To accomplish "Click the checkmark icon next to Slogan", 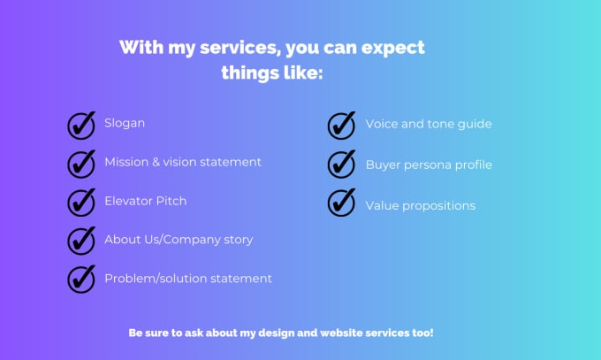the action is (81, 126).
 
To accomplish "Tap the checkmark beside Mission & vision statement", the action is (81, 164).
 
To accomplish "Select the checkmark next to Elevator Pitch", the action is (81, 203).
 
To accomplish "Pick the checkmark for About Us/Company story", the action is (81, 241).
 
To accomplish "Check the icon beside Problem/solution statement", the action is (81, 279).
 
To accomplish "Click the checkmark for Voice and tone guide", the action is (341, 126).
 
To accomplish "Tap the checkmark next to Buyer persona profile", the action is (341, 164).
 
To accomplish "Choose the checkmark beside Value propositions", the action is (341, 203).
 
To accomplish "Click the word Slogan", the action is (125, 123).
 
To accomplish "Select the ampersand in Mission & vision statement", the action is (156, 162).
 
